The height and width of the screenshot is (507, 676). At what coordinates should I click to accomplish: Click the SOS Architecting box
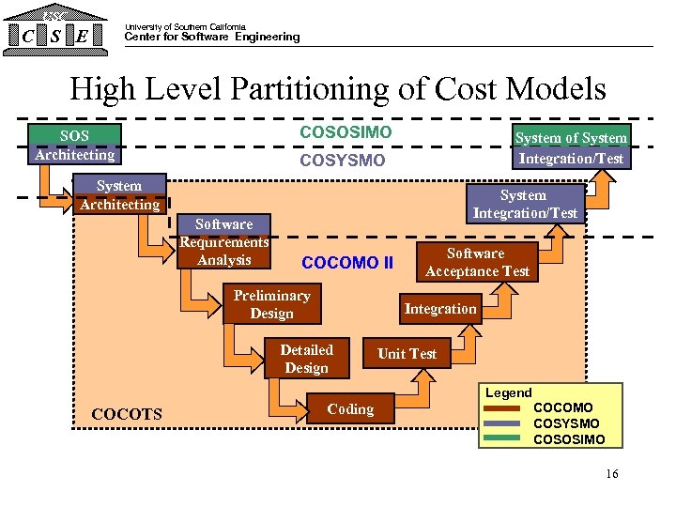(x=74, y=146)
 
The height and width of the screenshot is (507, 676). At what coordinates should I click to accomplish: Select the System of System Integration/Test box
(x=571, y=147)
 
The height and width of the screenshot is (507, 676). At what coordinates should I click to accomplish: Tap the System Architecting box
(x=119, y=194)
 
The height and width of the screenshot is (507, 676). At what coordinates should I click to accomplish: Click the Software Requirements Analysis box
(x=223, y=242)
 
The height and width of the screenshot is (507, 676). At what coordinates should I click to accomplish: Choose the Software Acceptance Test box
(x=477, y=262)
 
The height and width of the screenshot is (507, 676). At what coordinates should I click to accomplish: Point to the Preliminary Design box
(x=271, y=304)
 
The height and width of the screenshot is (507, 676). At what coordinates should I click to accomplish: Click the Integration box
(x=440, y=309)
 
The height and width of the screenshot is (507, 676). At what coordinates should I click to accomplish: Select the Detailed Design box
(x=306, y=359)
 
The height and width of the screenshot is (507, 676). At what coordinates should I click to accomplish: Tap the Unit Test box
(x=407, y=353)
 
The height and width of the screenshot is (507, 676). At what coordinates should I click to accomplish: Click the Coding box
(x=350, y=409)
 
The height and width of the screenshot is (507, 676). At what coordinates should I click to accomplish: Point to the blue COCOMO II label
(x=347, y=263)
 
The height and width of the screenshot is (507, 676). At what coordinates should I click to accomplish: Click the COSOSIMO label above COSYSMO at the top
(x=346, y=132)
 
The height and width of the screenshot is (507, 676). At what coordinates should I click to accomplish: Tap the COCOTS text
(x=127, y=414)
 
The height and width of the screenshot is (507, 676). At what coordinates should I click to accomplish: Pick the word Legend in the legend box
(x=508, y=392)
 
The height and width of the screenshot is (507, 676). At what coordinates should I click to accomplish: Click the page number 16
(x=612, y=474)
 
